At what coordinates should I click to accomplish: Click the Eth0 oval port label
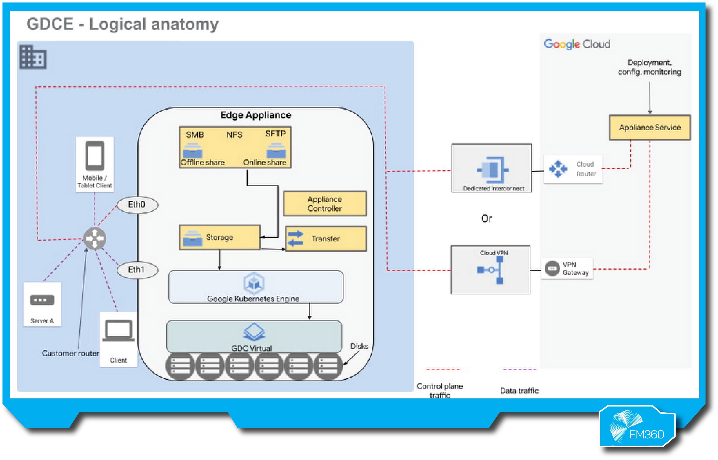click(137, 205)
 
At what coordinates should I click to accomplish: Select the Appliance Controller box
click(325, 204)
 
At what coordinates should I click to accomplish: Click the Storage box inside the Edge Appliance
click(220, 237)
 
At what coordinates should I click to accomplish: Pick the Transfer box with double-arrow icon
click(326, 239)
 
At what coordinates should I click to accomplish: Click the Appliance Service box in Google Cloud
click(650, 128)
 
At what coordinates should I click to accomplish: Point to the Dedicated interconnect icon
click(493, 170)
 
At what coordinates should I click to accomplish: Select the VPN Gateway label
click(575, 269)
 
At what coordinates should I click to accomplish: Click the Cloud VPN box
click(490, 270)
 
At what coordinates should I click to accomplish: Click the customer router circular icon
click(95, 238)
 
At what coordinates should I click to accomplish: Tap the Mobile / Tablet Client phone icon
click(95, 156)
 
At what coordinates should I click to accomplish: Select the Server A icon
click(42, 300)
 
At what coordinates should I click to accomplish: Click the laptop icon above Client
click(118, 331)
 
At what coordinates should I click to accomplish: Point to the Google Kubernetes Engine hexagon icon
click(254, 283)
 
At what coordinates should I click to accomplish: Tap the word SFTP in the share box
click(275, 133)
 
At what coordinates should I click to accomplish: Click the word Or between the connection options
click(487, 219)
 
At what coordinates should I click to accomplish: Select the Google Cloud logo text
click(577, 44)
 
